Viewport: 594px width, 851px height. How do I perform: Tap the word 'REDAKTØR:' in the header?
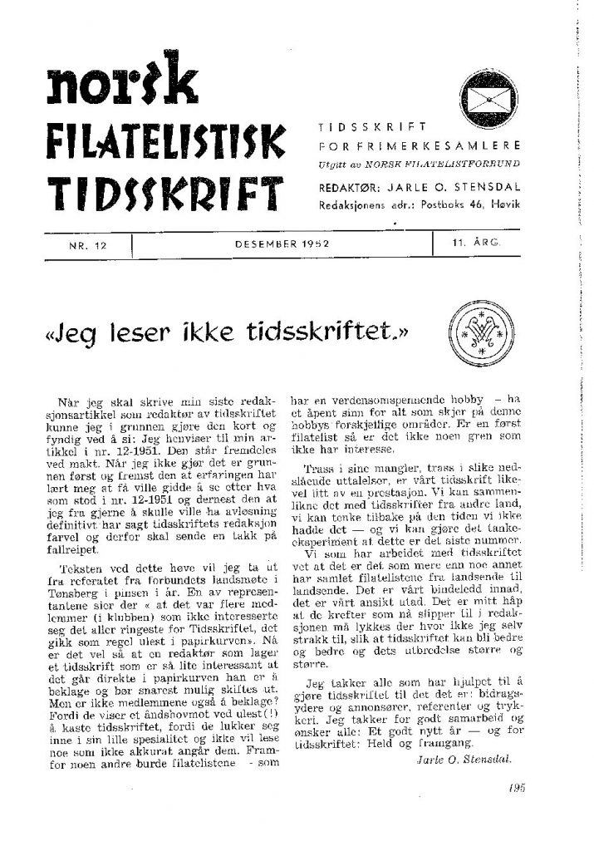point(344,187)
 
